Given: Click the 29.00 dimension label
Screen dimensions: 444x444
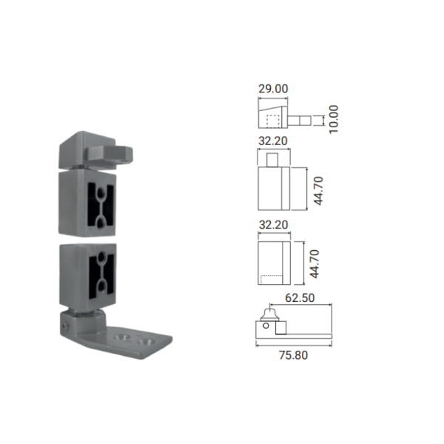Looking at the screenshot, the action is (x=273, y=89).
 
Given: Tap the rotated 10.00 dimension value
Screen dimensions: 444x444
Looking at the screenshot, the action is (x=334, y=119).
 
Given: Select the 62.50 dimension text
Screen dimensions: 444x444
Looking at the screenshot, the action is (x=300, y=298).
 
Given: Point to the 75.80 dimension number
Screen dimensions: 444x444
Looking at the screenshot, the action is (x=293, y=355).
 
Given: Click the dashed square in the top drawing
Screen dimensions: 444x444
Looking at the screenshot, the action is (x=273, y=121).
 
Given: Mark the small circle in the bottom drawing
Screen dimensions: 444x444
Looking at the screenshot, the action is (x=266, y=326).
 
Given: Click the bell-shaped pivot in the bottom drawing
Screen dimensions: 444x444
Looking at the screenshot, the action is (x=270, y=314).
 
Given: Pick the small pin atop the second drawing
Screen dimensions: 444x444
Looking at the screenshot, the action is (x=272, y=160).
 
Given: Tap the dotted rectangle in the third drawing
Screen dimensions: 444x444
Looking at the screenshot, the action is (x=272, y=280).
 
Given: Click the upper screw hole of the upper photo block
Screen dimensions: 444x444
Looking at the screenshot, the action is (x=100, y=194).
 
